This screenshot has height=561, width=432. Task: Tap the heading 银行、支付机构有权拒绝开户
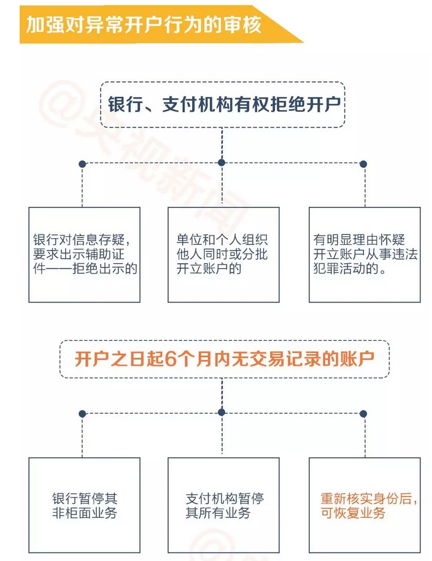tap(223, 104)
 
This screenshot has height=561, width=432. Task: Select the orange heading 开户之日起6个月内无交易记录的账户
tap(224, 359)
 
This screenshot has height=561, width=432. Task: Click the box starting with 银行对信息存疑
tap(85, 254)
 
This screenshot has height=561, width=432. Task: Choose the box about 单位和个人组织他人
tap(223, 254)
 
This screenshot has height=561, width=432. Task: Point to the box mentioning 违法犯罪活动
tap(364, 254)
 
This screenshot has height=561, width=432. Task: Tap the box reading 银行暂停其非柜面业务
tap(85, 505)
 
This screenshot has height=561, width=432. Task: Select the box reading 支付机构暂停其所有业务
tap(223, 505)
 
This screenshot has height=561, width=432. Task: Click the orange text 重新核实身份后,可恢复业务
tap(369, 506)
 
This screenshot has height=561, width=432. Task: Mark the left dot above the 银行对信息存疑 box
tap(82, 164)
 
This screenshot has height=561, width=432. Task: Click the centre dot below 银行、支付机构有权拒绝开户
tap(222, 163)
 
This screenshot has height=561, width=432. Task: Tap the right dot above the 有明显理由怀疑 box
tap(363, 164)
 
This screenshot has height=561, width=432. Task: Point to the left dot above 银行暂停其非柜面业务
tap(82, 414)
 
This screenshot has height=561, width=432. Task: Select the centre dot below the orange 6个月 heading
tap(222, 412)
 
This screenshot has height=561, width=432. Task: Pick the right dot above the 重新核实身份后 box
tap(363, 414)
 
